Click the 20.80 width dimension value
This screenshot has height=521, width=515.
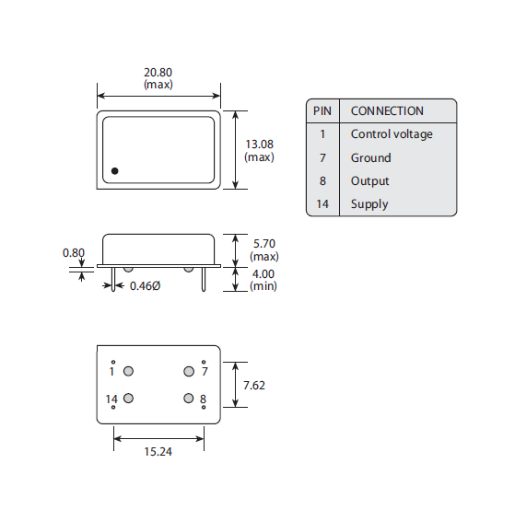tap(158, 73)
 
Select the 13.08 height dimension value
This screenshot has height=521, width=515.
tap(259, 145)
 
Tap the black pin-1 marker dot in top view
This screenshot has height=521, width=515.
tap(115, 170)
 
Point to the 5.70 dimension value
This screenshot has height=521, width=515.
tap(264, 244)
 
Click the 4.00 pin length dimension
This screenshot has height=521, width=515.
tap(264, 274)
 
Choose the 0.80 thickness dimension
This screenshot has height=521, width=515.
tap(73, 252)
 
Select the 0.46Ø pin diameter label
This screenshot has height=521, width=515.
tap(145, 286)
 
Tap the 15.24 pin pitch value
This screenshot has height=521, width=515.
tap(158, 451)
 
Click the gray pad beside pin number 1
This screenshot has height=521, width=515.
tap(129, 371)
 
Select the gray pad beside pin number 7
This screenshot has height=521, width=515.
tap(189, 371)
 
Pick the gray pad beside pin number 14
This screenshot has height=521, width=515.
tap(129, 399)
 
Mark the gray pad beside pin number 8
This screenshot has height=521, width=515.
tap(189, 399)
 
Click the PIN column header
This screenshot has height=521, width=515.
tap(322, 110)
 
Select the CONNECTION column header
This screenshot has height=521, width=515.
tap(387, 110)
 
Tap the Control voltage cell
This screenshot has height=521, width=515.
tap(391, 134)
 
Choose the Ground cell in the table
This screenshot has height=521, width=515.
tap(370, 157)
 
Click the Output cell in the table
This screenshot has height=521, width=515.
tap(369, 181)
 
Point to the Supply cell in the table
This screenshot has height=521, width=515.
tap(369, 204)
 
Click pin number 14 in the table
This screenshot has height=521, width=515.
tap(322, 204)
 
